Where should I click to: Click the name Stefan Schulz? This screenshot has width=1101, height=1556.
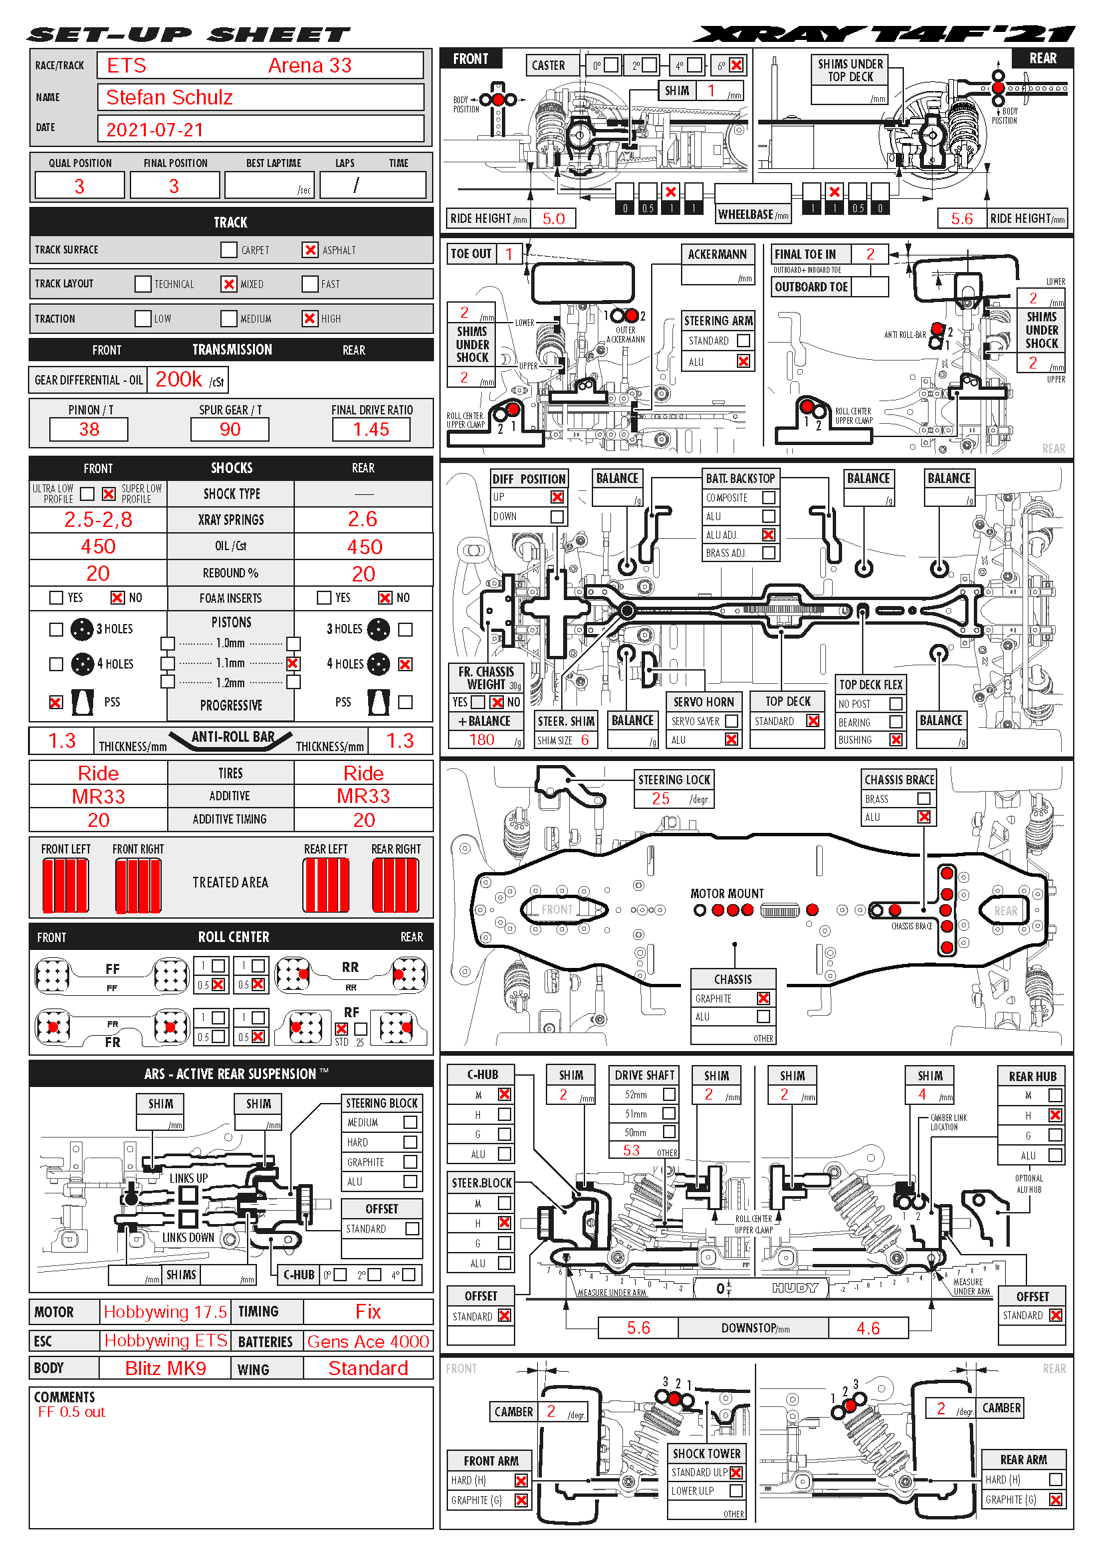[x=170, y=98]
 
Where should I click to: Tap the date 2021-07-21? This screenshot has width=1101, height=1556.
[x=154, y=130]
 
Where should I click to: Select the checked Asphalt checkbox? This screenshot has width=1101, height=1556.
[x=310, y=250]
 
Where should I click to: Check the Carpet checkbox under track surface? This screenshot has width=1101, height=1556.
[x=229, y=250]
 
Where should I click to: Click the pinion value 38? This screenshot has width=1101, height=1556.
[x=89, y=429]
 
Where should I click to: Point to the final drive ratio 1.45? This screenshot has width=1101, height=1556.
[x=371, y=429]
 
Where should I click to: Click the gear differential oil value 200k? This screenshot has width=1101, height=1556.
[x=179, y=379]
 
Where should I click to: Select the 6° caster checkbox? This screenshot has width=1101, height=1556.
[x=736, y=65]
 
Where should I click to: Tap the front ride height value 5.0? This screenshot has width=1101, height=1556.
[x=553, y=218]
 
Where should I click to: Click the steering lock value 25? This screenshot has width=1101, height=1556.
[x=660, y=799]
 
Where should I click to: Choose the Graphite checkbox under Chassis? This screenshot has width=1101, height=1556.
[x=764, y=999]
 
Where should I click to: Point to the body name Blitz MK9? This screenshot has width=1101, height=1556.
[x=166, y=1368]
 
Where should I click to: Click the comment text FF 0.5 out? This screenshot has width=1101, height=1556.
[x=72, y=1412]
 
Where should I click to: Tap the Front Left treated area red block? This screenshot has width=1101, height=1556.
[x=66, y=885]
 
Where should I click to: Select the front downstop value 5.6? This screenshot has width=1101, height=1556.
[x=638, y=1328]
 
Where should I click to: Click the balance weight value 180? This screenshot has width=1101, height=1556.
[x=481, y=740]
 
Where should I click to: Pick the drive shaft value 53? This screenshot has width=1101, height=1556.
[x=631, y=1150]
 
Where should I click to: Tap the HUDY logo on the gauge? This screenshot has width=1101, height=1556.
[x=795, y=1288]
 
